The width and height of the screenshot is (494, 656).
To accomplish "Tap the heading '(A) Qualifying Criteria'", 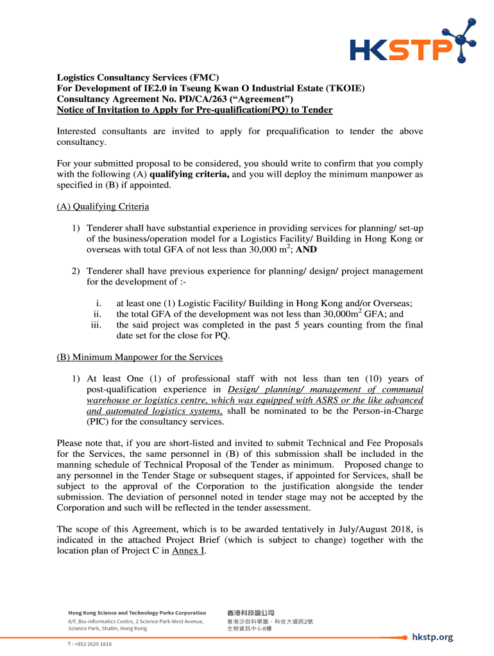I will click(x=103, y=206).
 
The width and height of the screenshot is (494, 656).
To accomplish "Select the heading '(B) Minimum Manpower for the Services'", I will click(x=140, y=357).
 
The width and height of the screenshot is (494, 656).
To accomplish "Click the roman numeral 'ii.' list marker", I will click(x=98, y=314).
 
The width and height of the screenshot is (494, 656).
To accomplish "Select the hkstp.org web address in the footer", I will click(x=432, y=637).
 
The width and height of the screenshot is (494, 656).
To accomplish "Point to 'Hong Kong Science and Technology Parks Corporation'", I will click(x=137, y=613).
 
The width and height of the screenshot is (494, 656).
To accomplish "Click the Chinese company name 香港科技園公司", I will click(x=250, y=613).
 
